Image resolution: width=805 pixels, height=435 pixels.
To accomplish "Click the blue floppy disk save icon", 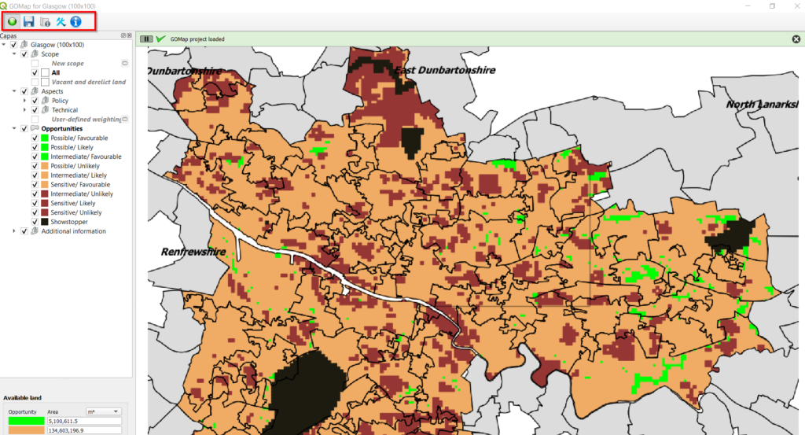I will coord(28,21).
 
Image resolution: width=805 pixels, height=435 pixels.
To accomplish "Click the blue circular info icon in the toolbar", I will coord(75,21).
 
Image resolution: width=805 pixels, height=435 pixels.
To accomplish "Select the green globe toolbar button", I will coord(13,21).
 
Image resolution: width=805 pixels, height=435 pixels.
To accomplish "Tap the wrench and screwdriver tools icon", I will coord(61,21).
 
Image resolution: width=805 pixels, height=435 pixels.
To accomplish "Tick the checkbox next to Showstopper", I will coord(35,222).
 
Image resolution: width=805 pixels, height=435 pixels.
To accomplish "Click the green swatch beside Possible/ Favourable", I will coord(44,138).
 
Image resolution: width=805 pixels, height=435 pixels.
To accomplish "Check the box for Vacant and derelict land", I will coord(35,82).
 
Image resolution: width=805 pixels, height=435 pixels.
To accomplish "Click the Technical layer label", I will coord(65,110).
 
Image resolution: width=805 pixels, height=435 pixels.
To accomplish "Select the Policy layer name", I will coord(60,101).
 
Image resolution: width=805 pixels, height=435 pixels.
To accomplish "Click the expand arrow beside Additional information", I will coord(14,231).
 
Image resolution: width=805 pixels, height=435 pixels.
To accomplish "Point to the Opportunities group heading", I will coord(62,128).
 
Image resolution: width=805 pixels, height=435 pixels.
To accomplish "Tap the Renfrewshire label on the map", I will coord(193,252).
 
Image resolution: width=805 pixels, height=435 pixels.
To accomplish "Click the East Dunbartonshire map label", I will coord(445,70).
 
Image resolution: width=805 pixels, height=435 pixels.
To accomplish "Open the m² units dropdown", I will coord(103,411).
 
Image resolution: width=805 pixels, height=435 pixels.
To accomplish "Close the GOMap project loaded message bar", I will coord(796,39).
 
